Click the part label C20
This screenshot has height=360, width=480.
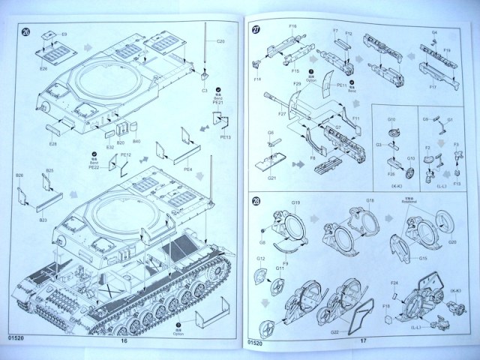pyautogui.click(x=220, y=40)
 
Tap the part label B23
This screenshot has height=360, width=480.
pyautogui.click(x=44, y=220)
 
